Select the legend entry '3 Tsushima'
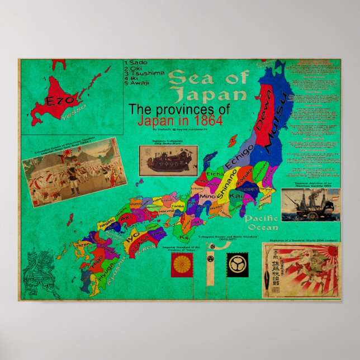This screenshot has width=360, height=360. [x=146, y=73]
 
